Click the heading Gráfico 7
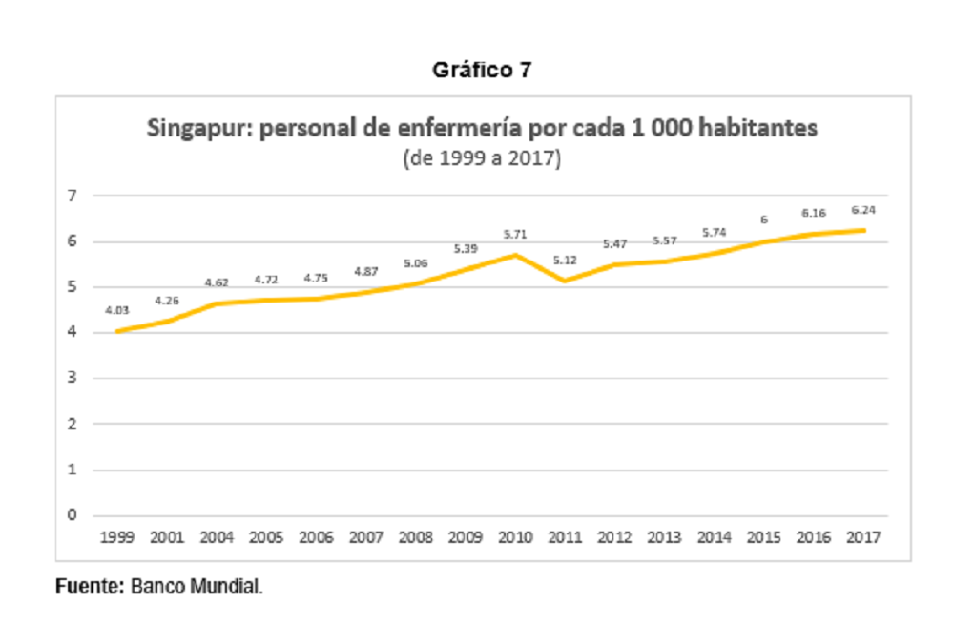click(x=482, y=70)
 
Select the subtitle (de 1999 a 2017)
click(x=482, y=158)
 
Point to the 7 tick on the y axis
click(x=73, y=196)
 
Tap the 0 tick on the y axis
click(x=73, y=515)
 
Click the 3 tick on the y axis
click(x=73, y=377)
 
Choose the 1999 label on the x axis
click(x=116, y=537)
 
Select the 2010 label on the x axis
click(x=515, y=537)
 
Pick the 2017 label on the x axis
click(x=863, y=537)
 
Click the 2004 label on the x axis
click(x=217, y=537)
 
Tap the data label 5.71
click(x=515, y=235)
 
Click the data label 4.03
click(x=116, y=310)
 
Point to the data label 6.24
click(x=863, y=210)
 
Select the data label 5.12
click(x=565, y=261)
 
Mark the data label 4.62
click(x=217, y=282)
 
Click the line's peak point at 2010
click(x=515, y=255)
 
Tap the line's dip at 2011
click(x=565, y=281)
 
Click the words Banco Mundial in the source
click(x=196, y=586)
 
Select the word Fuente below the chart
click(x=89, y=586)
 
